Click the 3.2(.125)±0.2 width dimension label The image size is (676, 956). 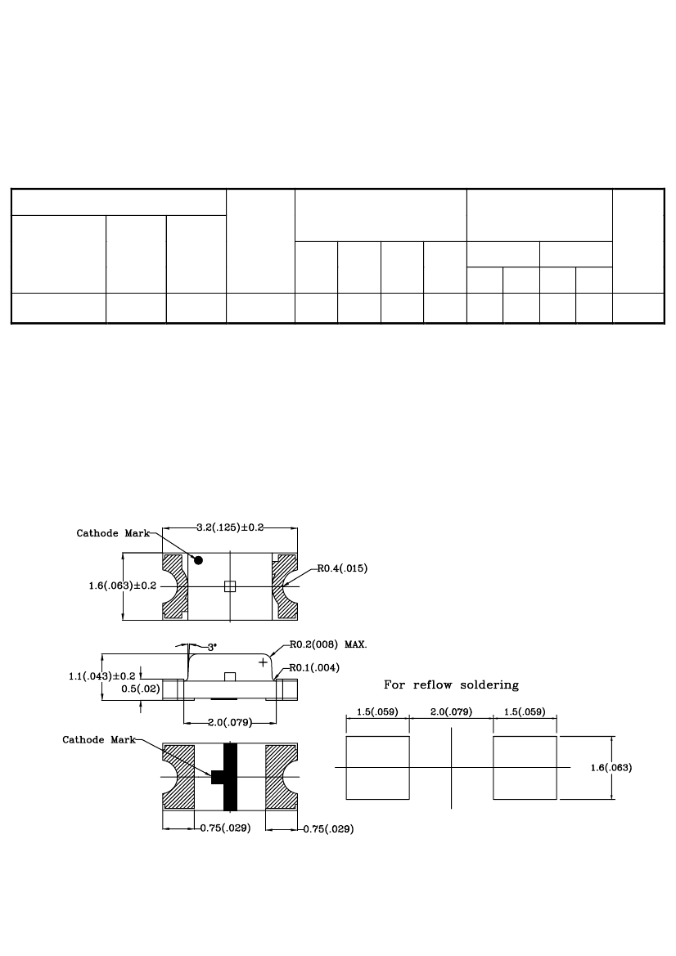(230, 527)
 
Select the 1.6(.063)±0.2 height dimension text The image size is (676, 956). (123, 586)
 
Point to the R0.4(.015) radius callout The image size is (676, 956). (342, 569)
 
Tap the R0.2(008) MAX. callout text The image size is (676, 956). (328, 644)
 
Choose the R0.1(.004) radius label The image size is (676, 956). (314, 667)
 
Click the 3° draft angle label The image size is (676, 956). (212, 648)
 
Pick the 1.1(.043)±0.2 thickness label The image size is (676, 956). (101, 676)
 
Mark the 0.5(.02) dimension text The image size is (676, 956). (140, 689)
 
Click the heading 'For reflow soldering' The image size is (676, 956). (452, 685)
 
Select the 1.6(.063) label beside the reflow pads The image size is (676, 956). (611, 768)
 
